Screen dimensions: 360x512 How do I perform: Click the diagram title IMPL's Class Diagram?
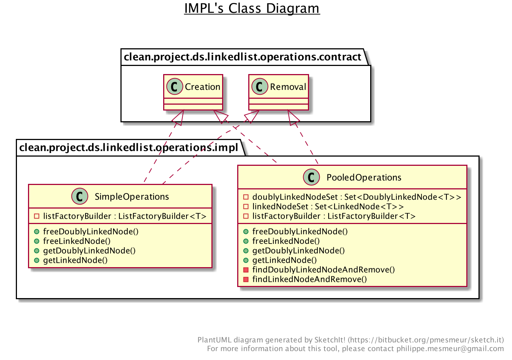pyautogui.click(x=252, y=8)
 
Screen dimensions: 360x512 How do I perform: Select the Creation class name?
pyautogui.click(x=202, y=87)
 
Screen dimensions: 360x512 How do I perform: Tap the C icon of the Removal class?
pyautogui.click(x=260, y=87)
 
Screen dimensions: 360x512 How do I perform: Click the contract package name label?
pyautogui.click(x=242, y=57)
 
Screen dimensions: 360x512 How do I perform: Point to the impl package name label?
pyautogui.click(x=129, y=148)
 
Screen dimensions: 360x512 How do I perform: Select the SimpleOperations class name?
pyautogui.click(x=132, y=197)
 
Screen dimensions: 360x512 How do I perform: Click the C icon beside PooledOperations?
pyautogui.click(x=311, y=177)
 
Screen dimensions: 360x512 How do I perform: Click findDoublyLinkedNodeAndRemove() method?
pyautogui.click(x=323, y=270)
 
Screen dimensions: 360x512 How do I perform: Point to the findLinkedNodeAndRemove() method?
pyautogui.click(x=309, y=279)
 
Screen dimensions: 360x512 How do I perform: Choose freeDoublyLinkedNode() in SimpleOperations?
pyautogui.click(x=91, y=232)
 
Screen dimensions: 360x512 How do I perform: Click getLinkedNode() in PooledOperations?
pyautogui.click(x=284, y=260)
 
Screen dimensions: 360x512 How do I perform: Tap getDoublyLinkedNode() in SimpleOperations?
pyautogui.click(x=89, y=251)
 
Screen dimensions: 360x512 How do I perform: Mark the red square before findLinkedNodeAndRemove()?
pyautogui.click(x=246, y=279)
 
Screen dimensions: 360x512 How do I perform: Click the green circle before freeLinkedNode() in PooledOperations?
pyautogui.click(x=246, y=241)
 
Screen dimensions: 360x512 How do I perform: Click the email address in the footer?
pyautogui.click(x=450, y=349)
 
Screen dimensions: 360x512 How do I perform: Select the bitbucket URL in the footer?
pyautogui.click(x=426, y=340)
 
